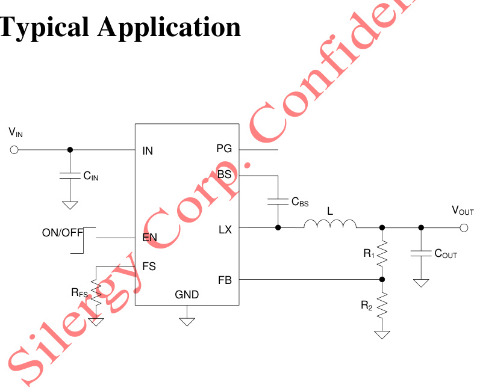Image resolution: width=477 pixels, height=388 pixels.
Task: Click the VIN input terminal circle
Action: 14,149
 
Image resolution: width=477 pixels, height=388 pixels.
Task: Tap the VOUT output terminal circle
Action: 464,227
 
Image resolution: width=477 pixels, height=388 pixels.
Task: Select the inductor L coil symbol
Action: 329,224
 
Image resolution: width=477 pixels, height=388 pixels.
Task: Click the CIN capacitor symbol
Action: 70,176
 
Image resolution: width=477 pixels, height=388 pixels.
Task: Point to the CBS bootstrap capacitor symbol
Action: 278,201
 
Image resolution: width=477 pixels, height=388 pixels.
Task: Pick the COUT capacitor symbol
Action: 421,254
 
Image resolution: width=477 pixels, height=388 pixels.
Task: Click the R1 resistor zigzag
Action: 381,253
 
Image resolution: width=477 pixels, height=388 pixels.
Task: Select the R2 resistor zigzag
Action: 381,306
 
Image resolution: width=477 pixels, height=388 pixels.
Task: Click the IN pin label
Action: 148,151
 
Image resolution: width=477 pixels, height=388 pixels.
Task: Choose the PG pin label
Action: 224,149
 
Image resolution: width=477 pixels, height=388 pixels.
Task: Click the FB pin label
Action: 225,280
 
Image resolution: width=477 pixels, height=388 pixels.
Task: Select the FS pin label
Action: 149,266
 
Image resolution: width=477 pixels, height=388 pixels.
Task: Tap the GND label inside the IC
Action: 187,295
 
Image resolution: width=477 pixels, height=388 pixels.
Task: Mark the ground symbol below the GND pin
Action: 187,321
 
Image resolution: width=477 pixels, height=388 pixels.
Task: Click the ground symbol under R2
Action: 381,334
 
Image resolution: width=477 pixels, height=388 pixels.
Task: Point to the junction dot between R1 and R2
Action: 381,280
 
